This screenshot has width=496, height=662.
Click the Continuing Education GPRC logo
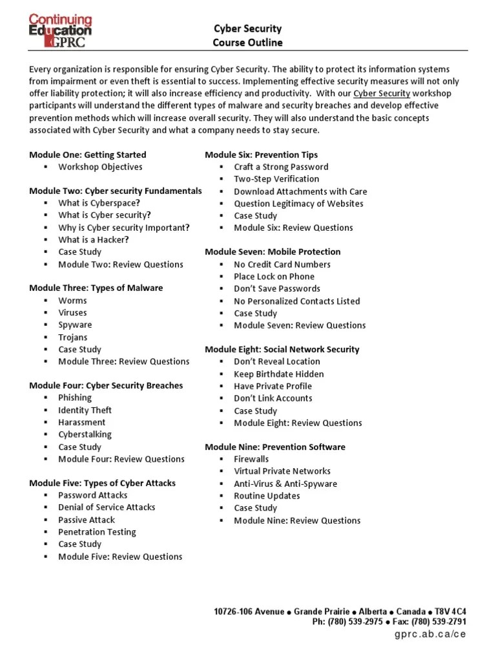(x=60, y=30)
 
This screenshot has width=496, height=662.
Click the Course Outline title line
(x=247, y=43)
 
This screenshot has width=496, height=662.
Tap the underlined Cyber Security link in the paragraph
(x=382, y=93)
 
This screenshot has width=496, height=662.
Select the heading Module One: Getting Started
(x=88, y=155)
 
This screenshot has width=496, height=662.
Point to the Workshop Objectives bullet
(x=100, y=167)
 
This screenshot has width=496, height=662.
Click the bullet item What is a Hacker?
(x=94, y=240)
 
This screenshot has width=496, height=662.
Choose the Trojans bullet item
(x=72, y=337)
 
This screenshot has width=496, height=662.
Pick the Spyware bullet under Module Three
(x=75, y=325)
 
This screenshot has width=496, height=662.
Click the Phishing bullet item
(x=75, y=398)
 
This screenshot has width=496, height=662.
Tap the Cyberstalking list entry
(x=85, y=434)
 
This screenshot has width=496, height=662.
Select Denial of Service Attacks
(x=107, y=507)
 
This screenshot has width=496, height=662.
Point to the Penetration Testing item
(x=97, y=532)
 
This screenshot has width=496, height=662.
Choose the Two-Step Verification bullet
(x=276, y=179)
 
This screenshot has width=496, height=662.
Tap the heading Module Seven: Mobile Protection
(x=273, y=251)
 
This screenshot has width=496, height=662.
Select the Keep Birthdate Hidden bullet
(x=279, y=374)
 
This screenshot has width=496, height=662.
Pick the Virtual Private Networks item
(x=282, y=471)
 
